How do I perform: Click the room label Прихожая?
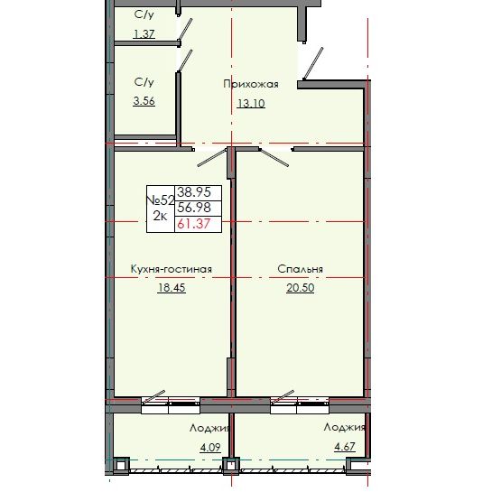[251, 84]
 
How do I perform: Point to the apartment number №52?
[160, 200]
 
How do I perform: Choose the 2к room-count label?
[160, 216]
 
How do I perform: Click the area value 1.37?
[144, 33]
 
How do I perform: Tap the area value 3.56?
[144, 100]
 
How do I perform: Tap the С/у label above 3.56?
[144, 82]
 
